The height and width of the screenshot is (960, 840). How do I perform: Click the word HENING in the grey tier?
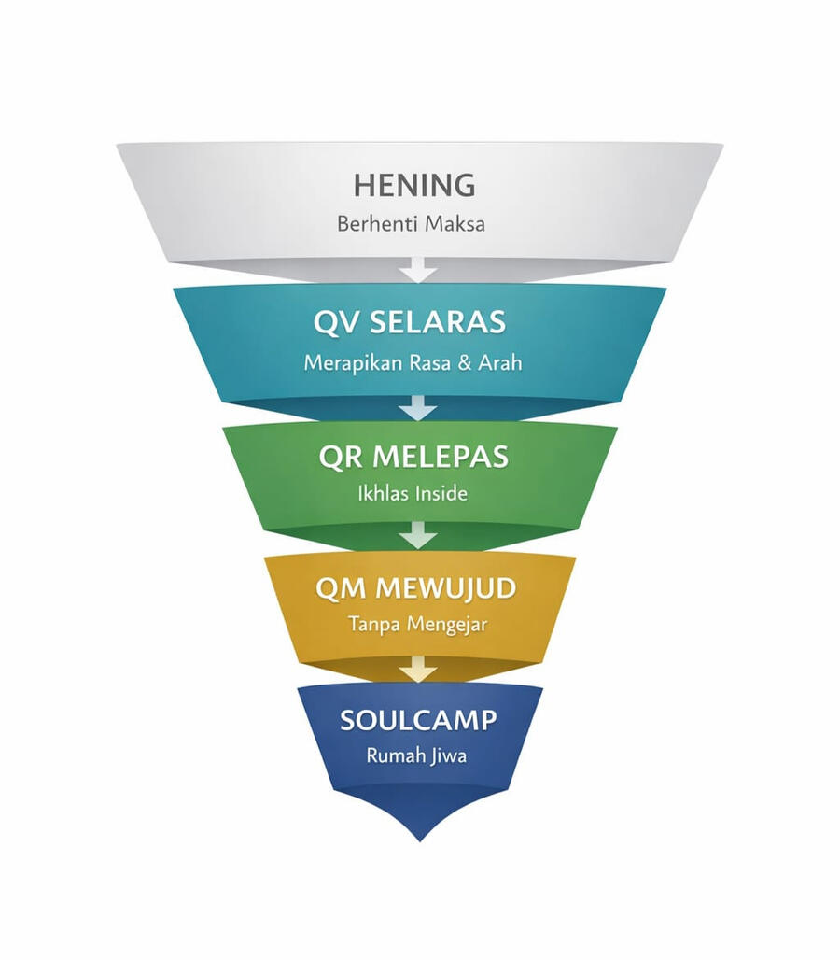(413, 185)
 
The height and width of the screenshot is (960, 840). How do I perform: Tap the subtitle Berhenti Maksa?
(411, 224)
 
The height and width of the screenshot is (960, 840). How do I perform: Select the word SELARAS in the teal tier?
(438, 322)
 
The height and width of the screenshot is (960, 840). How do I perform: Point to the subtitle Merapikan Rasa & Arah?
(413, 363)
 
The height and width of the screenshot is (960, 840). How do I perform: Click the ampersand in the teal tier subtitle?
(461, 364)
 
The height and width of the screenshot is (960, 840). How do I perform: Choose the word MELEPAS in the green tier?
(441, 457)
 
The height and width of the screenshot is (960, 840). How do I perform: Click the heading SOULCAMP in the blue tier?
(418, 720)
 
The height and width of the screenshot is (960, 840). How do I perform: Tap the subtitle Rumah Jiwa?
(416, 755)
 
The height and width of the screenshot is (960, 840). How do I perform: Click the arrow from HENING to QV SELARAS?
(418, 271)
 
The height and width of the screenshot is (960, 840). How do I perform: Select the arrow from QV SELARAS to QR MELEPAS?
(418, 406)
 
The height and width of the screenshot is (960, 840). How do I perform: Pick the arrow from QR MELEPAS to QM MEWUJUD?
(418, 535)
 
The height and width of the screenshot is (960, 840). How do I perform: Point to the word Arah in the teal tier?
(499, 363)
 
